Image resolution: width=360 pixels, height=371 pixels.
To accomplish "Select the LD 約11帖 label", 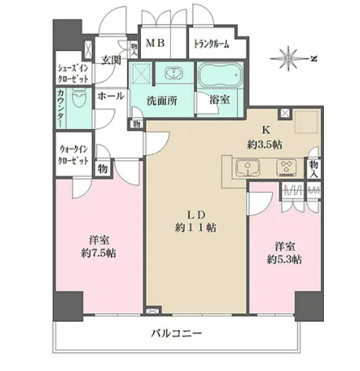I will [x=195, y=220].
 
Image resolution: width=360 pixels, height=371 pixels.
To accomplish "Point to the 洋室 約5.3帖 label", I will [x=283, y=252].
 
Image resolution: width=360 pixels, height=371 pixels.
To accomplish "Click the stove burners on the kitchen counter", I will [x=286, y=167].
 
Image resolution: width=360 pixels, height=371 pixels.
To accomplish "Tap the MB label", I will [x=154, y=43].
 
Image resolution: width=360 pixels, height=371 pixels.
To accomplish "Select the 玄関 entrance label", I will [x=112, y=59].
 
